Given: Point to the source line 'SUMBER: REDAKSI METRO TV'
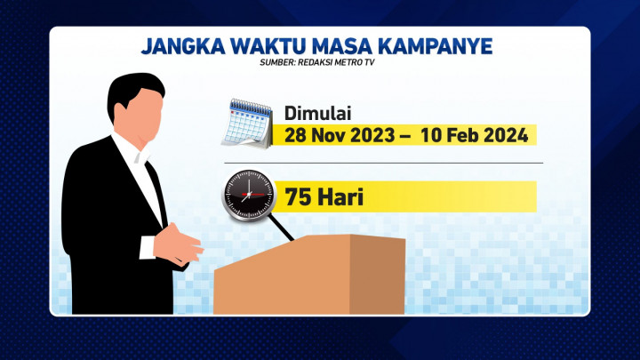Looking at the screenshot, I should click(x=319, y=63).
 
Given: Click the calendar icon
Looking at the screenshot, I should click(x=246, y=124).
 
